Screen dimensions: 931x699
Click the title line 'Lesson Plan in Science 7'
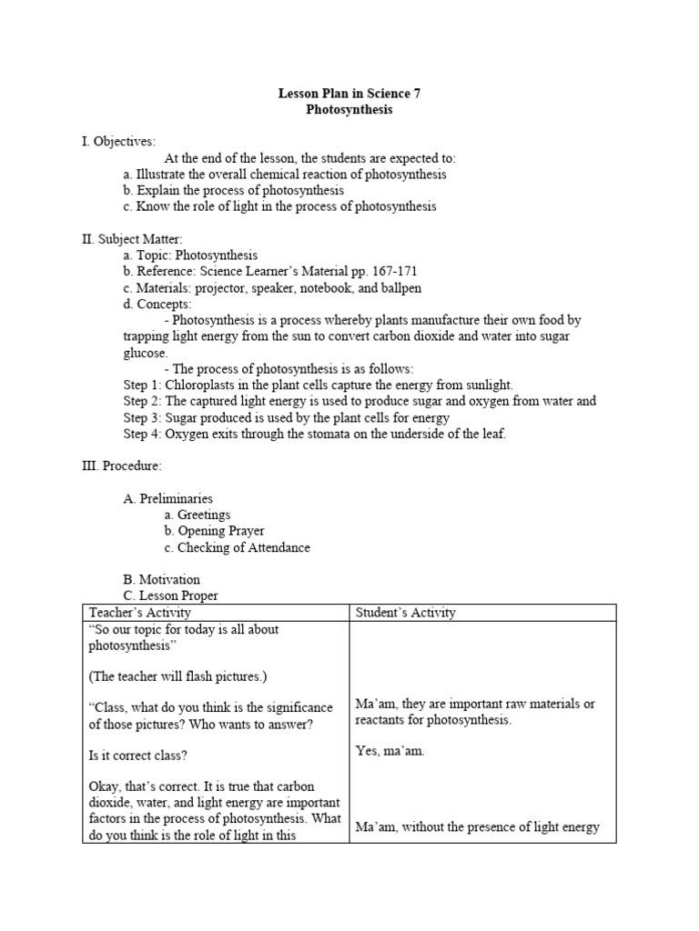[x=349, y=94]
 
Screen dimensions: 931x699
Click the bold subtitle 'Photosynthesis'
[x=349, y=110]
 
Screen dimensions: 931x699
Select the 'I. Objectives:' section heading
[x=118, y=141]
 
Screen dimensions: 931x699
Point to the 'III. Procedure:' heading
[x=122, y=465]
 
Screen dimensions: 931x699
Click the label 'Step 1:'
[x=143, y=385]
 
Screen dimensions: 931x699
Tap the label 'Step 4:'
[x=143, y=435]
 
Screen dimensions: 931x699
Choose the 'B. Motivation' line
[x=161, y=579]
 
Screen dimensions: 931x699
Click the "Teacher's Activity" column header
[x=139, y=613]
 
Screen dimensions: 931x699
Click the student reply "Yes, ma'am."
[x=390, y=751]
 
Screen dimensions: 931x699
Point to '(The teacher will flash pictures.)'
[x=177, y=676]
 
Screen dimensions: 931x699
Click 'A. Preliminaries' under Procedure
[x=167, y=498]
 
